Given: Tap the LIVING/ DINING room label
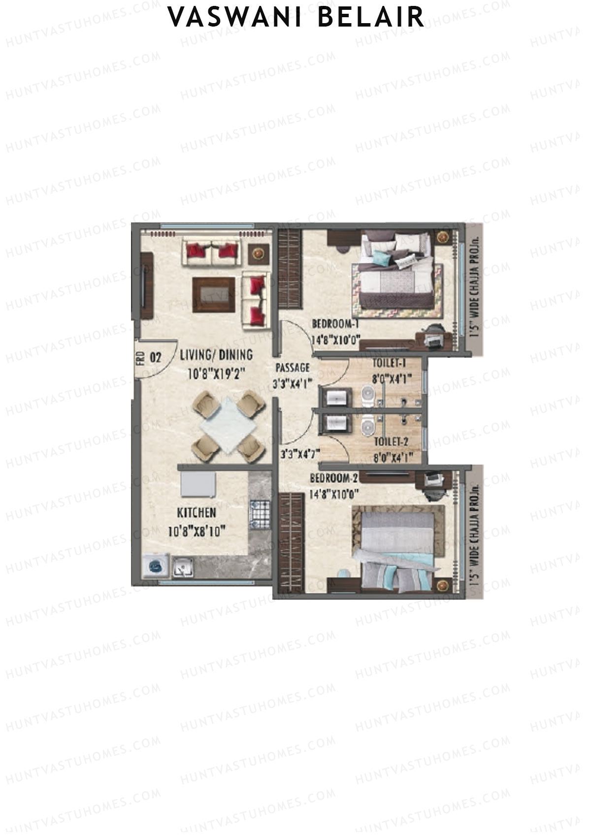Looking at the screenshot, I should [x=216, y=355].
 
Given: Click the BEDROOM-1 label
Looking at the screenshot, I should [x=335, y=324].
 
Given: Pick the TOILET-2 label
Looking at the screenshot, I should [x=391, y=441].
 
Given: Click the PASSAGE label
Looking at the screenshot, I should [x=292, y=368].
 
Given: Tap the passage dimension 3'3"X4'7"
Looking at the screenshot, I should [x=300, y=454].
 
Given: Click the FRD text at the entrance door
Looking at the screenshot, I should [x=140, y=356].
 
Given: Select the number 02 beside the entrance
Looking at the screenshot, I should [x=155, y=357].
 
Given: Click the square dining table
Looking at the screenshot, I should [x=228, y=426].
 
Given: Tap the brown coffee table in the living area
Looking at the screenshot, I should [x=213, y=295].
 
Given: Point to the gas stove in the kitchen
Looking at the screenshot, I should [x=260, y=515].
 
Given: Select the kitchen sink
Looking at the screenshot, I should [x=182, y=568].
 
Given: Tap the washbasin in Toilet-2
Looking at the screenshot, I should [x=336, y=423].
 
